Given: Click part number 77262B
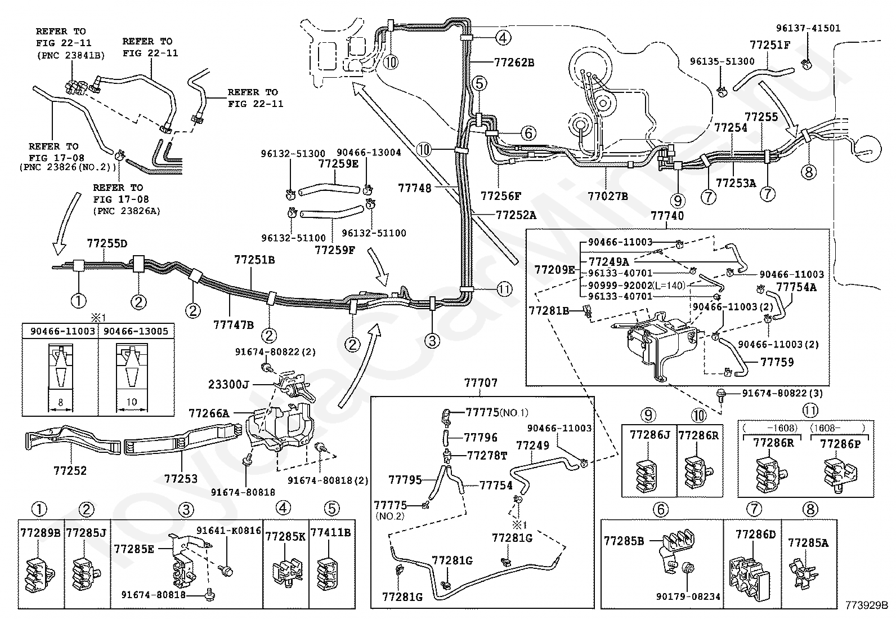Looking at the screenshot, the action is (x=514, y=63).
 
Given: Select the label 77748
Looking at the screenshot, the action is (x=415, y=188).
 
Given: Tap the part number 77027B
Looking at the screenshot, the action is (x=608, y=196).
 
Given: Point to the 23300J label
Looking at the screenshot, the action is (x=229, y=384).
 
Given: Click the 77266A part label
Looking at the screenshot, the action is (x=209, y=413).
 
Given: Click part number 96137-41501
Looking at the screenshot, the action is (x=808, y=28).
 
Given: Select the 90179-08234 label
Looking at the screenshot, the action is (x=688, y=596).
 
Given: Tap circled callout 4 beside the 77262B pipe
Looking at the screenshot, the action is (x=503, y=38).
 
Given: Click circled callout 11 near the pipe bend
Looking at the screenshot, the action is (x=504, y=289).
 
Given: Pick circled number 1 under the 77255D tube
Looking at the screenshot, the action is (x=78, y=300).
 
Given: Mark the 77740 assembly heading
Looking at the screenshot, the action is (x=667, y=216).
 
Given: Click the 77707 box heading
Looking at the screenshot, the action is (x=481, y=383).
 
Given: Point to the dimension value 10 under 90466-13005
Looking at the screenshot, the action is (x=132, y=402).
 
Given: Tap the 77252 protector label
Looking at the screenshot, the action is (x=70, y=470).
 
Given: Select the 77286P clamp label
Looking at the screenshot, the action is (x=840, y=444).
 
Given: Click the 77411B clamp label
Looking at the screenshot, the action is (x=331, y=532).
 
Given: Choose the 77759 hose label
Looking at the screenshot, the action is (x=777, y=362).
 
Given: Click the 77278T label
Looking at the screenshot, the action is (x=487, y=456).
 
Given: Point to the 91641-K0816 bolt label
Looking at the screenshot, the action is (x=229, y=531).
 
